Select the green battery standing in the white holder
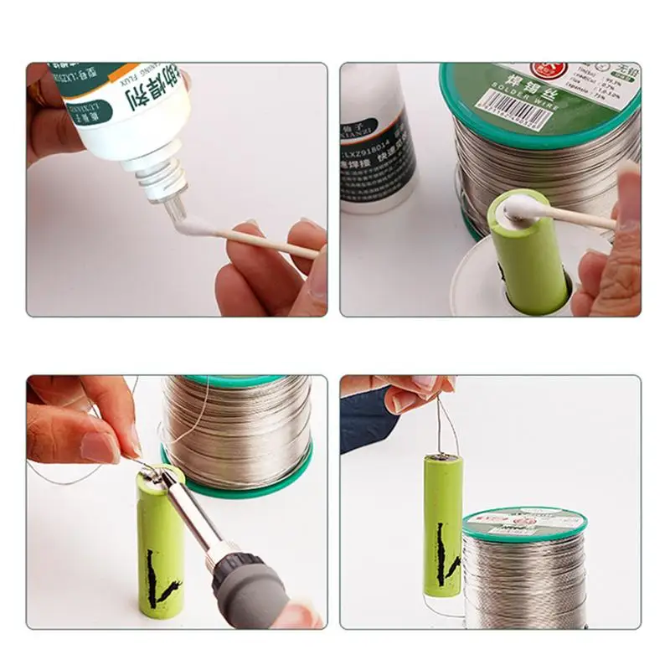531,260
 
